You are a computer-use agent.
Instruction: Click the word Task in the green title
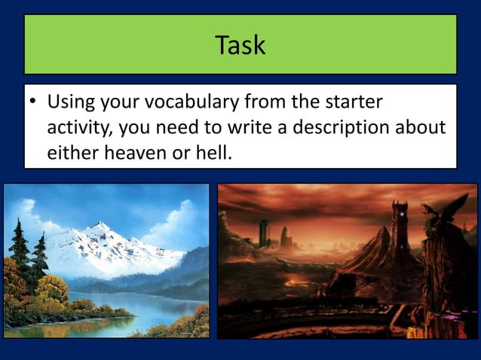click(240, 45)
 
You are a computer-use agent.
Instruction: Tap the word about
click(421, 127)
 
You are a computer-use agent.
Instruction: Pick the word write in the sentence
click(249, 127)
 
